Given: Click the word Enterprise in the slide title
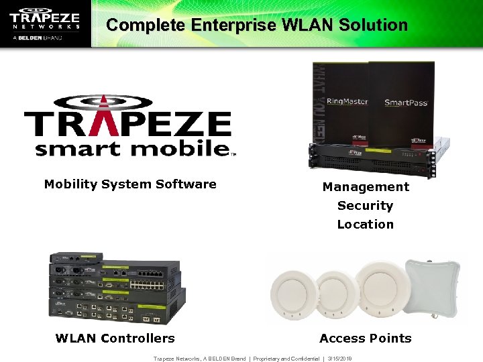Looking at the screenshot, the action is (233, 25).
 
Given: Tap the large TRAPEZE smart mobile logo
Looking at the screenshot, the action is (128, 126).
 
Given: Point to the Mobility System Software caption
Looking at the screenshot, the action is (130, 184).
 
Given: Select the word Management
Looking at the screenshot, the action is (366, 187).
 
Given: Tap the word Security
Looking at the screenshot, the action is (365, 206).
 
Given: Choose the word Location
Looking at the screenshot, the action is (365, 225).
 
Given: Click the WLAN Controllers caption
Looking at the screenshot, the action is (115, 339).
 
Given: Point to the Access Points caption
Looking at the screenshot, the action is (366, 339).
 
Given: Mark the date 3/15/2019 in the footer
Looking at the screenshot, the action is (340, 359).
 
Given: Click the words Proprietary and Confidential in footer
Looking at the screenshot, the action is (286, 359).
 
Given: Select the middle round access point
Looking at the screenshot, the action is (334, 294).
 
